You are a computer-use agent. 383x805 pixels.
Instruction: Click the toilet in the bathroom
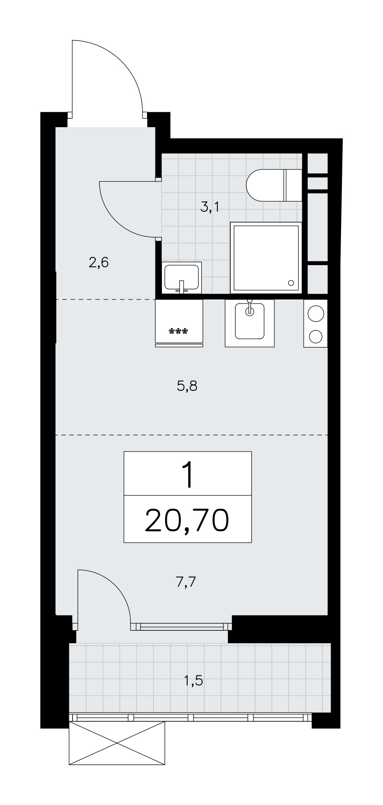click(274, 185)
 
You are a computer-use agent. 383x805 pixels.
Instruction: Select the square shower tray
click(266, 258)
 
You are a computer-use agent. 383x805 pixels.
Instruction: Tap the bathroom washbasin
click(182, 277)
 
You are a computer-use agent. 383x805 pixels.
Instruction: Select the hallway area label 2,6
click(99, 263)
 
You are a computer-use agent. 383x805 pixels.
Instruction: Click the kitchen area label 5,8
click(187, 386)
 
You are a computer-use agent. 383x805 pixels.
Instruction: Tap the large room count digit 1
click(188, 474)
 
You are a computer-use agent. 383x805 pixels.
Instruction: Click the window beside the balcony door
click(182, 626)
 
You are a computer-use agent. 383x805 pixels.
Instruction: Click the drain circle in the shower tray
click(291, 283)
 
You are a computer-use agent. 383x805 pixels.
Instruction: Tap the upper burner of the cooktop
click(316, 313)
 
